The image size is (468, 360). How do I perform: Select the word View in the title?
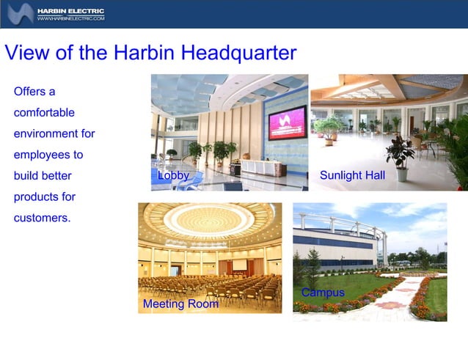tap(27, 53)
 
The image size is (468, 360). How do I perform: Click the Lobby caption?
tap(173, 176)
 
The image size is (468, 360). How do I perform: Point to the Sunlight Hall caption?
tap(352, 176)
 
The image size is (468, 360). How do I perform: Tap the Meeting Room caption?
tap(180, 304)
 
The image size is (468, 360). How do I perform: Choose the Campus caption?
tap(323, 293)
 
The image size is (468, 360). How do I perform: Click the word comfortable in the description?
tap(44, 113)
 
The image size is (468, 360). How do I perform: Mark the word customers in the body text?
tap(41, 218)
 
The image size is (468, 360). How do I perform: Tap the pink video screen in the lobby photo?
tap(287, 122)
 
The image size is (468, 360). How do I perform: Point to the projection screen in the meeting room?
tap(240, 265)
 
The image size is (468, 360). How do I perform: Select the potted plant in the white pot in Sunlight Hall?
tap(401, 158)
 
